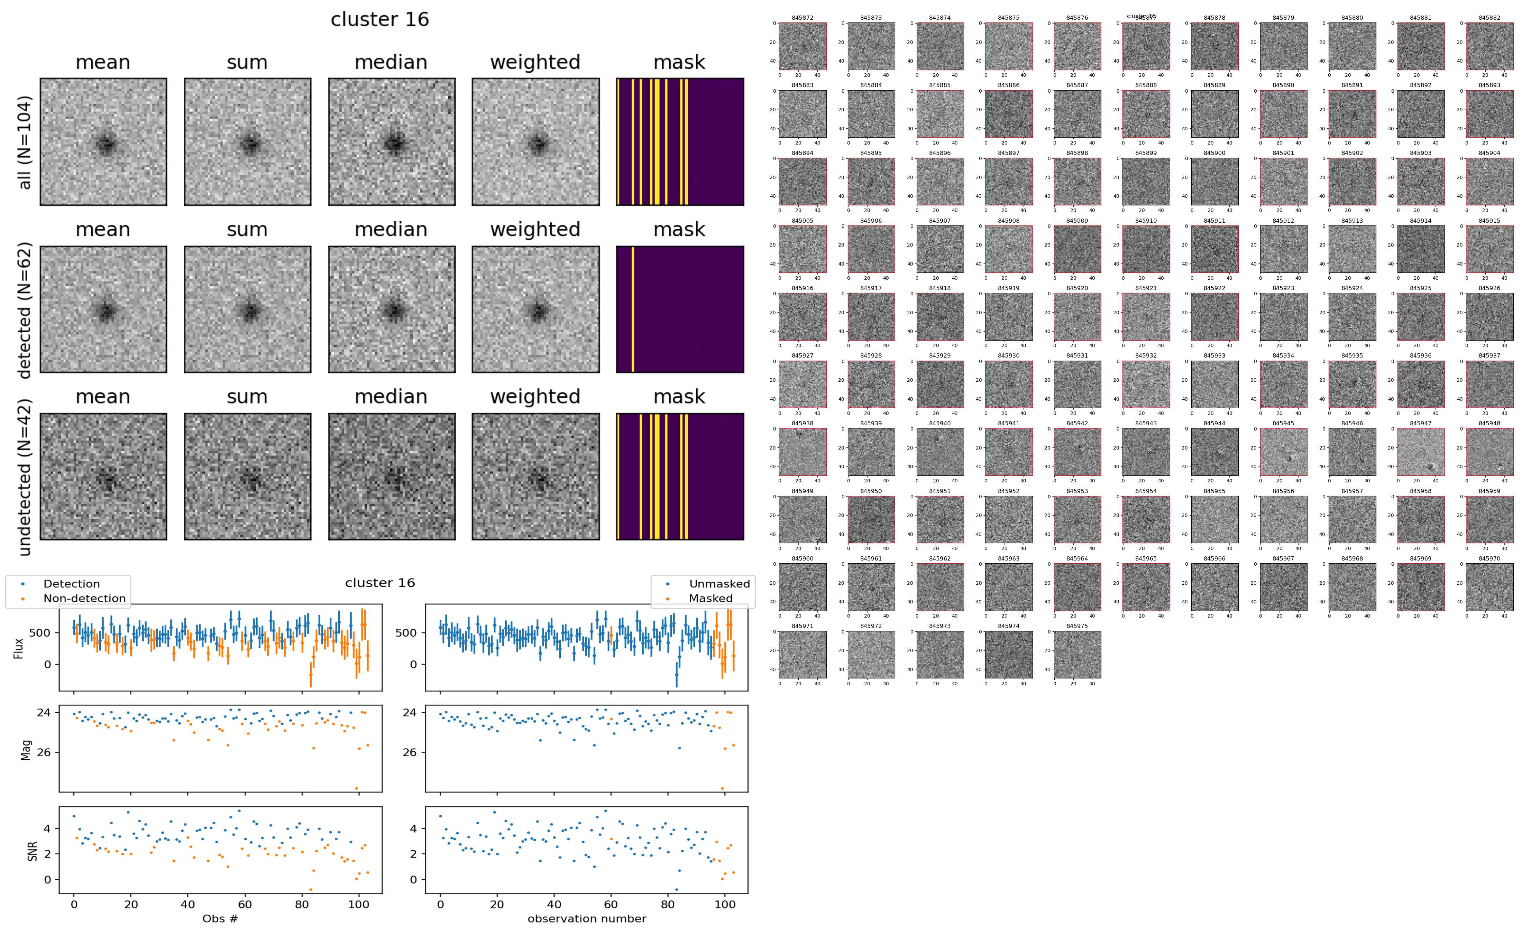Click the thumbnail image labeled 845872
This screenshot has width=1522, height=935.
(x=802, y=46)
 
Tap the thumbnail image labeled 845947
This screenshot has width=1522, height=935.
(x=1421, y=452)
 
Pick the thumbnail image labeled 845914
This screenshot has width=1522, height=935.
(x=1421, y=249)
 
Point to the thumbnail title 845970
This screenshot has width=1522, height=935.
(x=1489, y=558)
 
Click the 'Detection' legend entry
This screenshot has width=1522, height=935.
(x=71, y=584)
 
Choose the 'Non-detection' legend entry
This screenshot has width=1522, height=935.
(x=84, y=598)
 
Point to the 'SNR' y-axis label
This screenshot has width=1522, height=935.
(x=32, y=851)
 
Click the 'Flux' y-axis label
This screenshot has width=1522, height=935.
(x=19, y=647)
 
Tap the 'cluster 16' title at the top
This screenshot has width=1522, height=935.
(x=380, y=20)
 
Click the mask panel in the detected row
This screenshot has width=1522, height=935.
(x=680, y=309)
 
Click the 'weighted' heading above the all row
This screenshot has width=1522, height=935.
(x=535, y=63)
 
